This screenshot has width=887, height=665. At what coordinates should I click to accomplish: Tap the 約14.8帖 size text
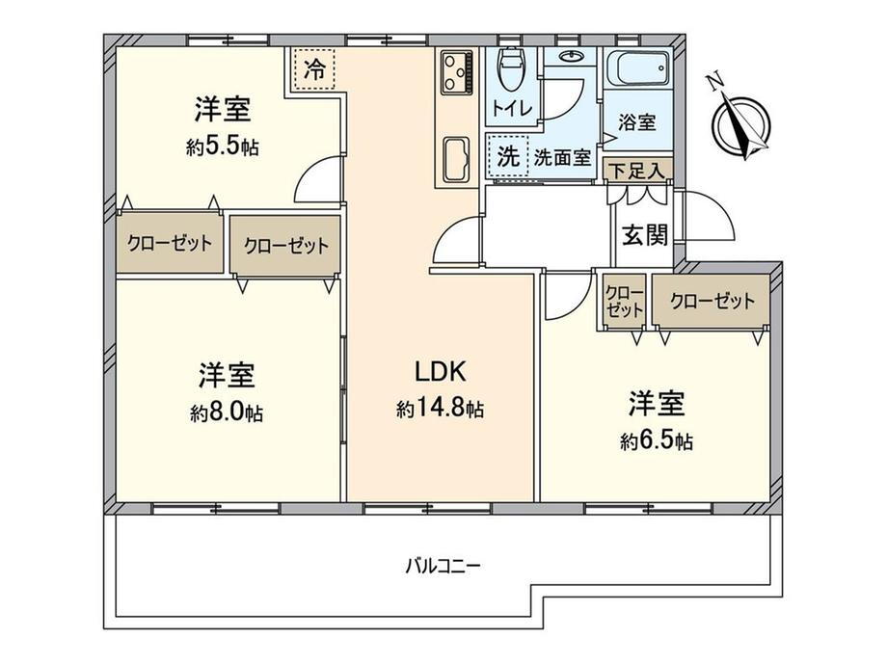440,409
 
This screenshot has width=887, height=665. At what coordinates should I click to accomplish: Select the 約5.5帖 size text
223,147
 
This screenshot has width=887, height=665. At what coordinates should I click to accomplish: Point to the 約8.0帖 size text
227,413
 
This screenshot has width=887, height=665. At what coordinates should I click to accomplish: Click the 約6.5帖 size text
657,441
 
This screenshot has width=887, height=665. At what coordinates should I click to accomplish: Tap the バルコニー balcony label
443,566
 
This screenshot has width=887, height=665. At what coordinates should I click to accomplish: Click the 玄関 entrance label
645,234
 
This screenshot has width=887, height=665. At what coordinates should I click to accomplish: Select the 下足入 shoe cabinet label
638,171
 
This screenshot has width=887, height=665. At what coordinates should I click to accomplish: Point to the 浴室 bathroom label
637,122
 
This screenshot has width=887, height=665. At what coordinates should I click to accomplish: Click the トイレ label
511,107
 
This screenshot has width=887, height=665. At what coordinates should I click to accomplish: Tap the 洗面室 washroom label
562,158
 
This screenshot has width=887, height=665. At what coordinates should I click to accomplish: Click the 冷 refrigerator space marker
314,69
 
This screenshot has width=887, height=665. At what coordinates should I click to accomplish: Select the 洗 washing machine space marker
507,157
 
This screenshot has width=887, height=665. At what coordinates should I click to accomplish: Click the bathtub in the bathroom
637,68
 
